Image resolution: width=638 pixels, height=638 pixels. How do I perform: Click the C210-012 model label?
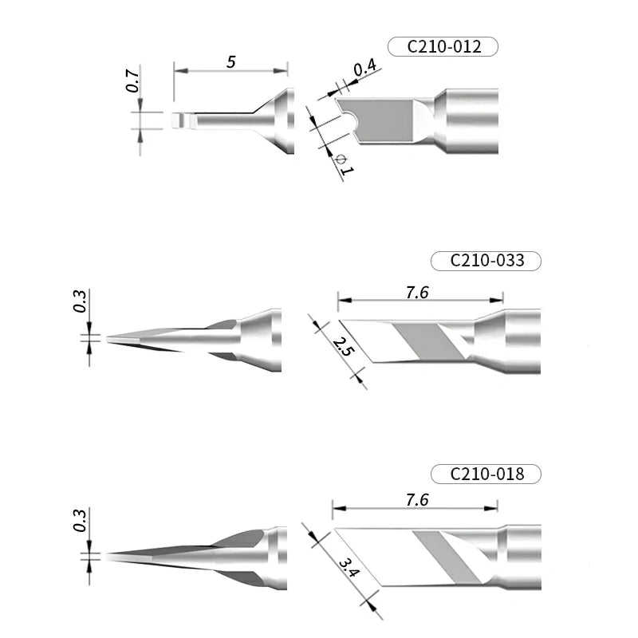[443, 47]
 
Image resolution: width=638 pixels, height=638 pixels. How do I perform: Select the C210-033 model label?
[486, 261]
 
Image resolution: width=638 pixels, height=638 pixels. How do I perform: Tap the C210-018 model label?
[486, 474]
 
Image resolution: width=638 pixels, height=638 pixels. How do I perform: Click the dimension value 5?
[230, 61]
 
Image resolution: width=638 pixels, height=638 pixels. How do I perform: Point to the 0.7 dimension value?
[133, 82]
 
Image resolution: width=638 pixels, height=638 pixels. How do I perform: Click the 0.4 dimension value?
[364, 69]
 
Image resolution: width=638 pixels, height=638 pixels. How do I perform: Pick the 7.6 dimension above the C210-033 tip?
[417, 293]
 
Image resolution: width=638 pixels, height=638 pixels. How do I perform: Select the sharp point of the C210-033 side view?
[109, 338]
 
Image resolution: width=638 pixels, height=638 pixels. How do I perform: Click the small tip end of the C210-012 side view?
[178, 121]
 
